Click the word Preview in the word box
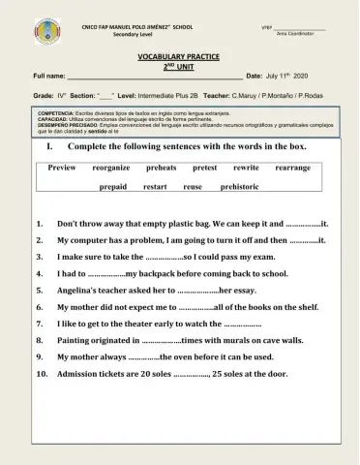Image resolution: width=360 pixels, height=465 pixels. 62,168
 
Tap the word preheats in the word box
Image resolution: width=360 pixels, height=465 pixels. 162,168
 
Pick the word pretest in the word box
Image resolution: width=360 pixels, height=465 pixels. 205,168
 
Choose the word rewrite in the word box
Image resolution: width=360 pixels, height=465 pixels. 246,168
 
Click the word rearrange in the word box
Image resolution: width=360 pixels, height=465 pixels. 293,168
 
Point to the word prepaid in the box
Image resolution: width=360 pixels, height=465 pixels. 113,186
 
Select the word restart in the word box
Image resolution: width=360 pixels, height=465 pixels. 155,186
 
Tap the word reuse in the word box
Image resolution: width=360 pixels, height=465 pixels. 193,186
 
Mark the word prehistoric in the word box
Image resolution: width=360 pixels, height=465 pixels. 240,186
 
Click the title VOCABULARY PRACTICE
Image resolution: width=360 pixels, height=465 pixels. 180,58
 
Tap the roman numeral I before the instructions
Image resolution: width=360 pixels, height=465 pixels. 48,146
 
